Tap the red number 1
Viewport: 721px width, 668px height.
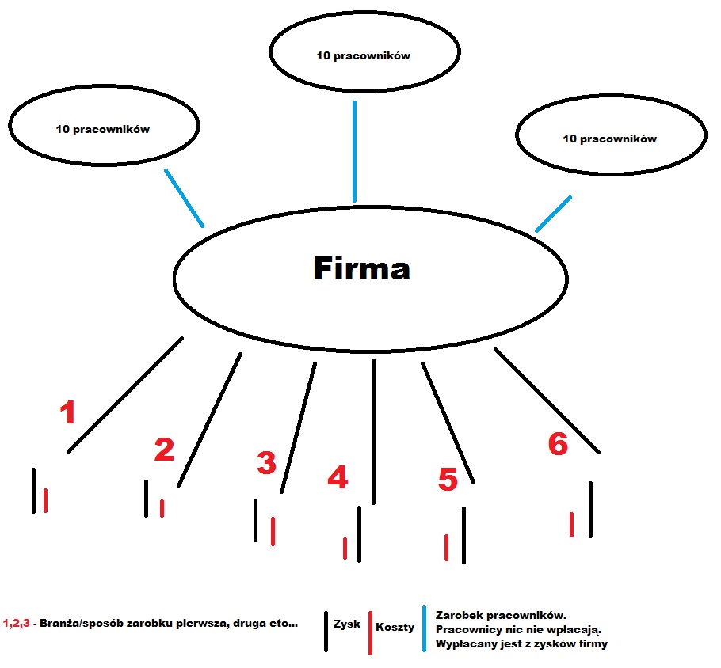[x=68, y=412]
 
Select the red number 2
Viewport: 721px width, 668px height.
[x=164, y=450]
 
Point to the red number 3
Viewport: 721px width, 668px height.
[x=267, y=463]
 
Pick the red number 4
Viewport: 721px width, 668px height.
[x=338, y=477]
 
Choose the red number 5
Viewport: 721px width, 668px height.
[x=448, y=480]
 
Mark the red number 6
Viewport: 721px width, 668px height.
[x=559, y=444]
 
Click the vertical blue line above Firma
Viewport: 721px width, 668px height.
[x=354, y=152]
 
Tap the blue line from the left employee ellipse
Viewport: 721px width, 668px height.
[x=184, y=198]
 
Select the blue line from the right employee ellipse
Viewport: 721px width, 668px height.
[x=553, y=214]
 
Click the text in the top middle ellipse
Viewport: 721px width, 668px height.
[x=363, y=55]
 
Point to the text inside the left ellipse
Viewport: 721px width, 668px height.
[x=102, y=129]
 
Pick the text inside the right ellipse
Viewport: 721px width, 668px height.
[x=610, y=139]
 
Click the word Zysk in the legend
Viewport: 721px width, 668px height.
[x=347, y=624]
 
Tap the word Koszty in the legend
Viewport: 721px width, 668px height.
[x=395, y=627]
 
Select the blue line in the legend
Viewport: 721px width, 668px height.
[x=424, y=629]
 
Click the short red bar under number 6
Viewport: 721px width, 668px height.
[x=571, y=525]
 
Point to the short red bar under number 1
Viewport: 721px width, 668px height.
[x=45, y=500]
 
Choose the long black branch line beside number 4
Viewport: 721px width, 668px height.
[x=373, y=432]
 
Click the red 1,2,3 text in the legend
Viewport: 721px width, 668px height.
[x=16, y=623]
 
